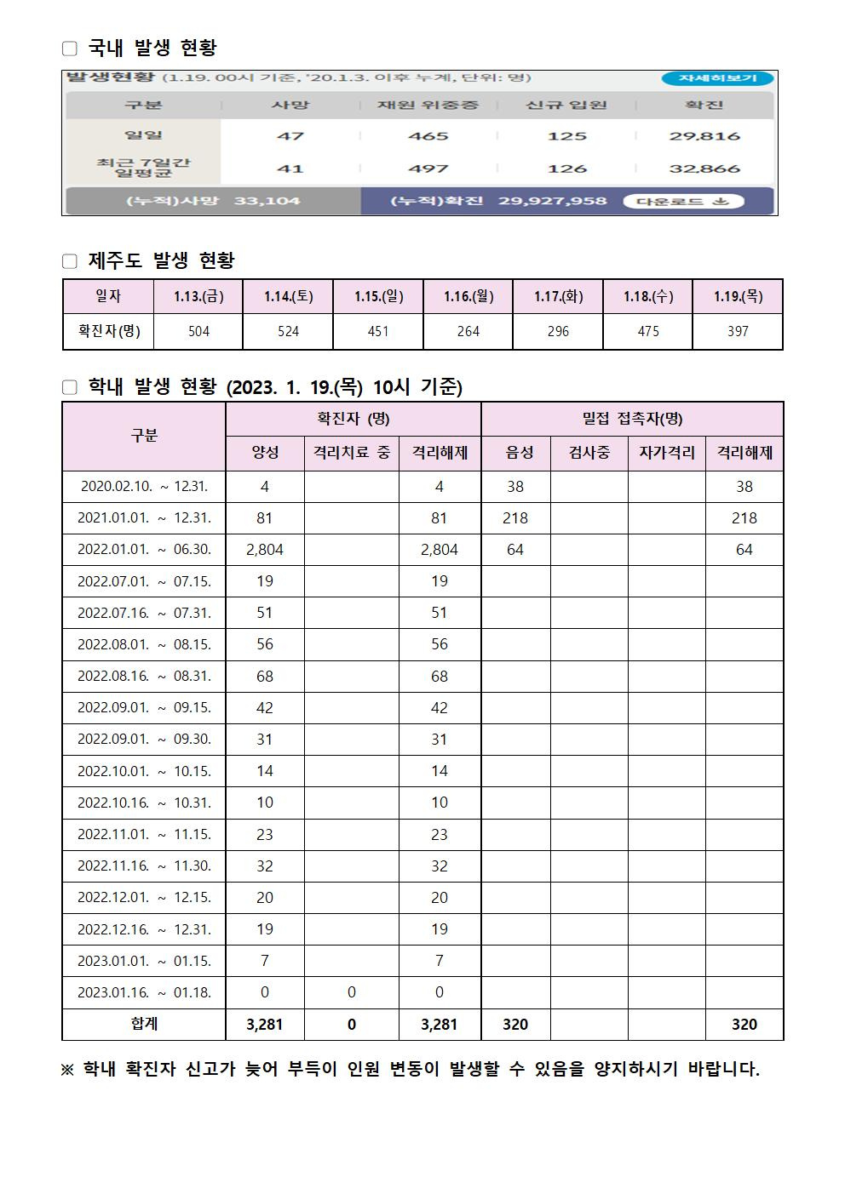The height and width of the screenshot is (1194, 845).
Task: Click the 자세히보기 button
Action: click(717, 78)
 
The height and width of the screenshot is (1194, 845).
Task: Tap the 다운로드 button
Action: click(683, 202)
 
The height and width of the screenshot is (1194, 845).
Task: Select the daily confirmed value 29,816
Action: click(704, 136)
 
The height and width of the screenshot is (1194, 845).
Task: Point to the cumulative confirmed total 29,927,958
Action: click(552, 202)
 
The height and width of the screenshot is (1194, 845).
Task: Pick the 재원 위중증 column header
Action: click(428, 106)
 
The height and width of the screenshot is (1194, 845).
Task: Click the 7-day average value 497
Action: click(428, 169)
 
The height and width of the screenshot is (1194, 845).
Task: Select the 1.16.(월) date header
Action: click(468, 296)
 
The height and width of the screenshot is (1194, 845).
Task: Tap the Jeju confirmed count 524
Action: click(288, 331)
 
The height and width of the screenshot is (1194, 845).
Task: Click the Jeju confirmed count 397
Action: click(738, 331)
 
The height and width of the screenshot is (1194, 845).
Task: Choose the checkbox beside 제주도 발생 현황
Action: click(70, 261)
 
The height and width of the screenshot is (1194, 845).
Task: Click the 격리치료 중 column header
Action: click(351, 453)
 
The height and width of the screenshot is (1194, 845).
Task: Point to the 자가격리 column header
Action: click(666, 453)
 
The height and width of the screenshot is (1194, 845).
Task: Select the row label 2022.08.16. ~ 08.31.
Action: click(144, 677)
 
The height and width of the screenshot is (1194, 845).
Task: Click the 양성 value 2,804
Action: click(264, 550)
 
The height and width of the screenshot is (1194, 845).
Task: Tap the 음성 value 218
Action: click(514, 518)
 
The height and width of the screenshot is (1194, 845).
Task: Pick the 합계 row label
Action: click(144, 1024)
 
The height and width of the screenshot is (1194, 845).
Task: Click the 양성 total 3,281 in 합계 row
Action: click(264, 1025)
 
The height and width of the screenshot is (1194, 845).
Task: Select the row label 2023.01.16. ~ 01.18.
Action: click(144, 992)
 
